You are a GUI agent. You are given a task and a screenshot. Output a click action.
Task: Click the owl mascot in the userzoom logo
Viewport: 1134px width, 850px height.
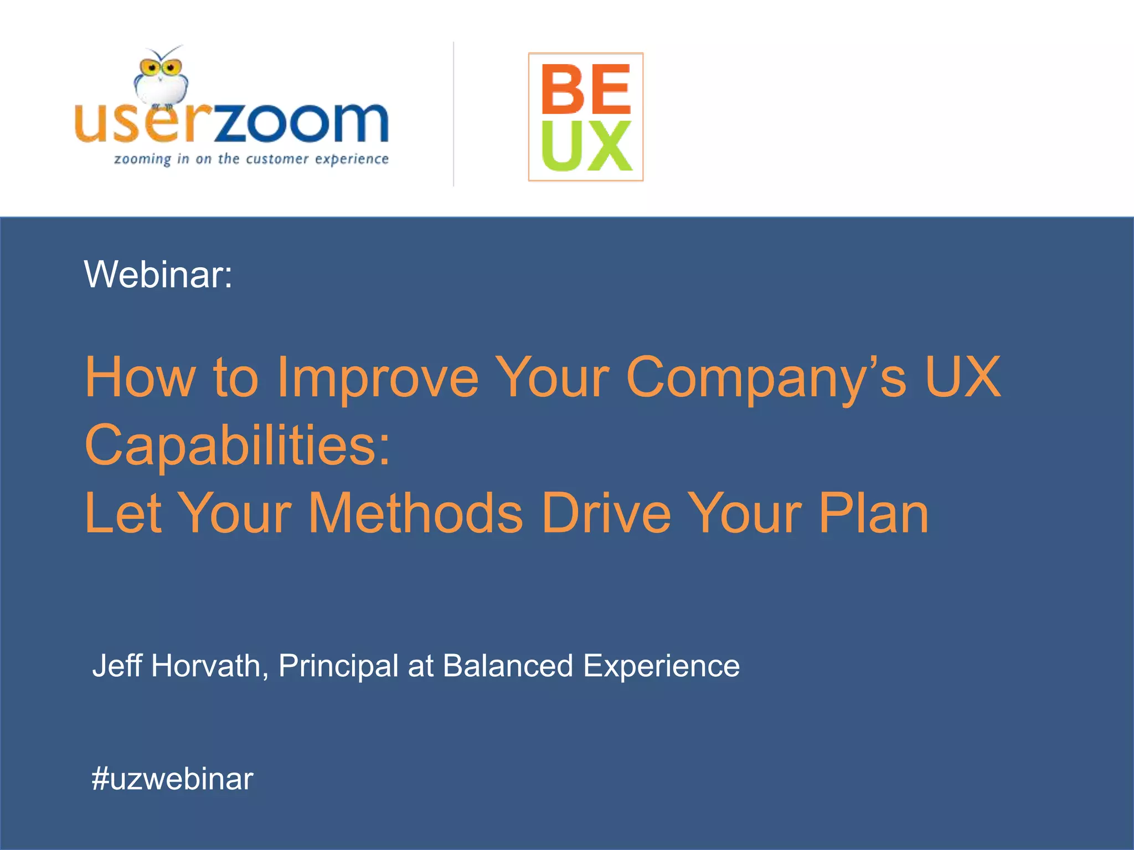pos(160,77)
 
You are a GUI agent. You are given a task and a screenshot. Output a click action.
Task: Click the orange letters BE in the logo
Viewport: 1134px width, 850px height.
pos(586,89)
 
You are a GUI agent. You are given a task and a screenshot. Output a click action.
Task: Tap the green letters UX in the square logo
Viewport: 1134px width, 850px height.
pos(586,146)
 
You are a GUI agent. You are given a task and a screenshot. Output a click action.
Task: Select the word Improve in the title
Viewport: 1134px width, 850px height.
pos(377,377)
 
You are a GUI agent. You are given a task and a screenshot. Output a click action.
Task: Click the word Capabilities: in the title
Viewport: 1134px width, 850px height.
pos(238,445)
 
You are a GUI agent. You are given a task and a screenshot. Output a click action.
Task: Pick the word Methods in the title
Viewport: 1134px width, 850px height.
pos(415,514)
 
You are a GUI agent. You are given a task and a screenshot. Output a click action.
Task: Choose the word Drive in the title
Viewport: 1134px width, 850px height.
pos(606,514)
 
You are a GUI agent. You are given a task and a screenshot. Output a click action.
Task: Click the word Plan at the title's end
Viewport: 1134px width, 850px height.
pos(873,514)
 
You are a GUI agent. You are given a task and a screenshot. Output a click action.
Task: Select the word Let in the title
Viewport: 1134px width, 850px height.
pos(123,514)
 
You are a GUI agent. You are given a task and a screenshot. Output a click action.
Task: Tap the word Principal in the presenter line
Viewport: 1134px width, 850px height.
pos(338,666)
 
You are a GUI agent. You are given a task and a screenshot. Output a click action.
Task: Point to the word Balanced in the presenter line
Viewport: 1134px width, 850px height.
pos(508,665)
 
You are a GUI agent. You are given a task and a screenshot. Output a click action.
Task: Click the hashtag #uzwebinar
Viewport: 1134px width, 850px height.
pos(172,779)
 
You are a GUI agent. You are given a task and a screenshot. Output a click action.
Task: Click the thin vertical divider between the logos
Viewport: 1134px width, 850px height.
pos(453,114)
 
